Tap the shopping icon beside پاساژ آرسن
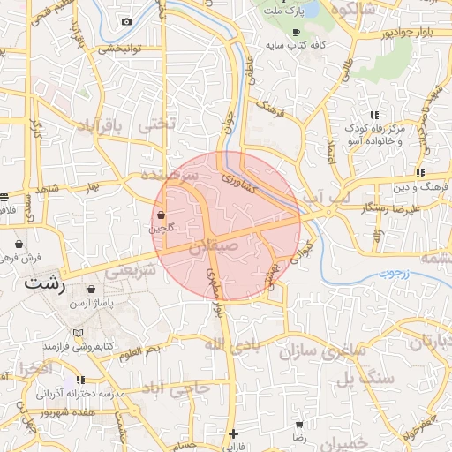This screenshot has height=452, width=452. click(93, 289)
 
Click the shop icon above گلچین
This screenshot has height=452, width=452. click(161, 215)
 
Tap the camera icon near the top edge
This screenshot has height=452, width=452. click(126, 21)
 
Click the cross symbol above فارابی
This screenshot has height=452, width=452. click(232, 433)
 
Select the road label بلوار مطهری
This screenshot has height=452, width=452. click(212, 289)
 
